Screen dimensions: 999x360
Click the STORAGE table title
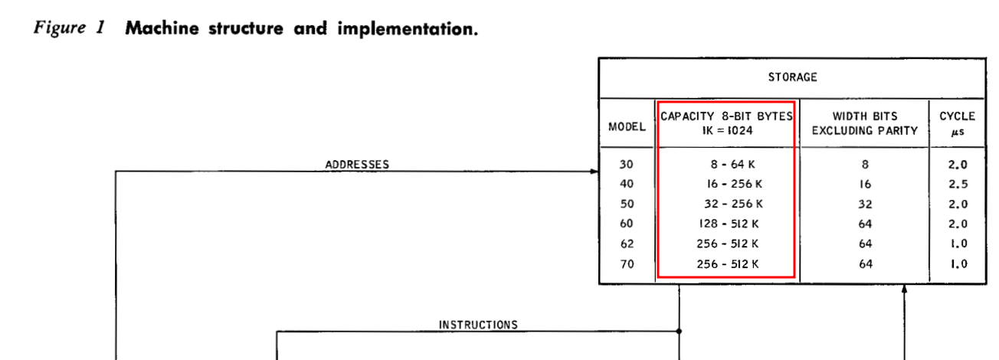pyautogui.click(x=792, y=77)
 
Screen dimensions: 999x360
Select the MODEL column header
pyautogui.click(x=627, y=127)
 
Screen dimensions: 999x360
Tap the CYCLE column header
pyautogui.click(x=957, y=123)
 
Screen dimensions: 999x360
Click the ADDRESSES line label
pyautogui.click(x=357, y=165)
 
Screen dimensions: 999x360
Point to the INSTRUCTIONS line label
pyautogui.click(x=479, y=325)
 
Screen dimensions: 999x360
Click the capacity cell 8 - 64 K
pyautogui.click(x=732, y=165)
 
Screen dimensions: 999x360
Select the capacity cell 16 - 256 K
pyautogui.click(x=735, y=184)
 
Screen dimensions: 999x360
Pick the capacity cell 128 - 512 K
pyautogui.click(x=729, y=224)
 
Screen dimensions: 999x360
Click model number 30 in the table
pyautogui.click(x=626, y=165)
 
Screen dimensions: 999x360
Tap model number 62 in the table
pyautogui.click(x=627, y=244)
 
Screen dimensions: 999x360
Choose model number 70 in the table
pyautogui.click(x=627, y=264)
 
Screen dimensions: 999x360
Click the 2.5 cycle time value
pyautogui.click(x=958, y=185)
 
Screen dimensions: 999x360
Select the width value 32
pyautogui.click(x=865, y=205)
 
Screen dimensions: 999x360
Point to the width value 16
pyautogui.click(x=865, y=185)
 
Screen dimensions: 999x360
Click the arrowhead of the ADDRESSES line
pyautogui.click(x=594, y=172)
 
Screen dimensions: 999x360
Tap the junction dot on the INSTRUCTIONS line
pyautogui.click(x=679, y=331)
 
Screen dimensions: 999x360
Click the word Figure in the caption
pyautogui.click(x=59, y=28)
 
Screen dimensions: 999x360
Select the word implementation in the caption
pyautogui.click(x=408, y=28)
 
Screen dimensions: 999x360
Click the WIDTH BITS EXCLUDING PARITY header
pyautogui.click(x=865, y=123)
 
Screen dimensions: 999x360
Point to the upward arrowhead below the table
pyautogui.click(x=905, y=289)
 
